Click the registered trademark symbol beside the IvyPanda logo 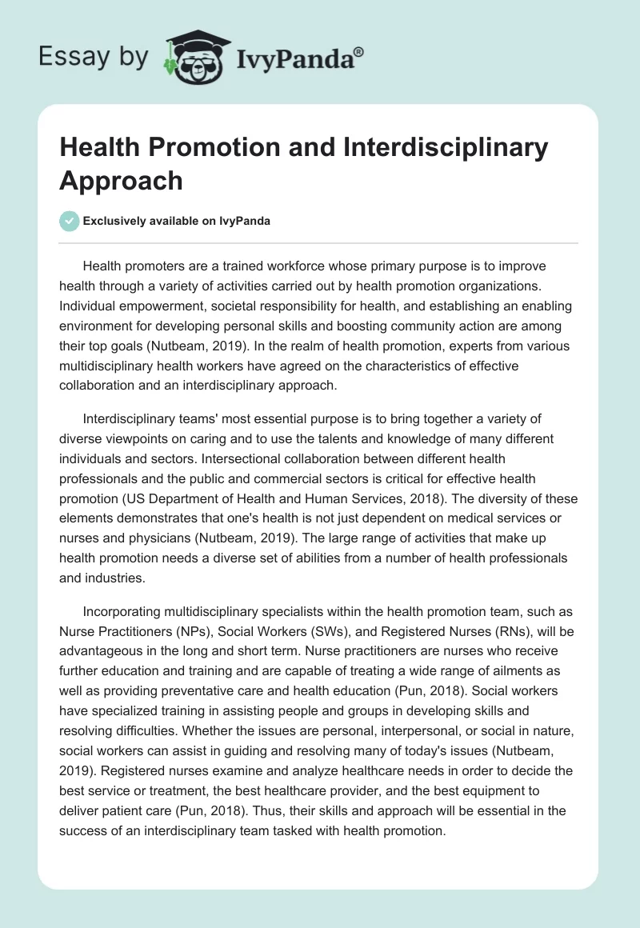[x=359, y=52]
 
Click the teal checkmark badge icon [x=70, y=222]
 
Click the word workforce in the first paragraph [x=323, y=266]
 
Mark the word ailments [x=504, y=670]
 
